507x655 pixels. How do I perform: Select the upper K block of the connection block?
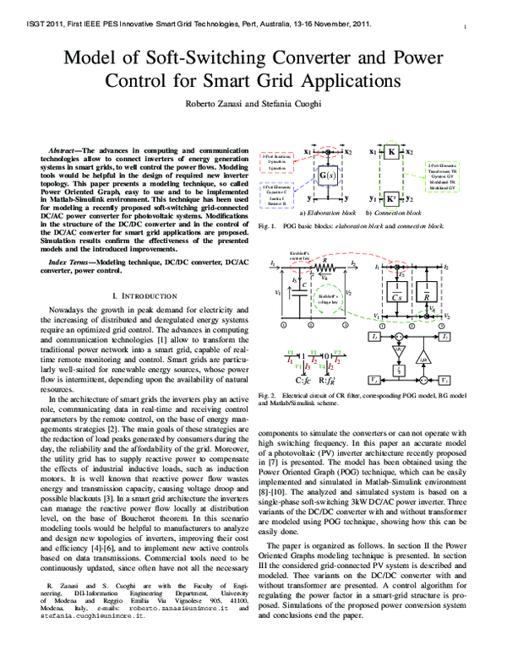click(392, 153)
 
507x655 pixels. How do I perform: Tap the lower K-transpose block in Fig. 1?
click(392, 199)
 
